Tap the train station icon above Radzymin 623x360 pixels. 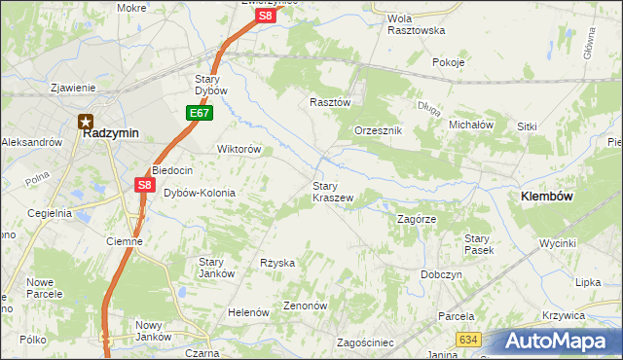(86, 122)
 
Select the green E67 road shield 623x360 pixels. (200, 114)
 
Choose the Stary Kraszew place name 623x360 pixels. (332, 191)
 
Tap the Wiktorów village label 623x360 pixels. (238, 150)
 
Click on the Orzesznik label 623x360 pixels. (378, 130)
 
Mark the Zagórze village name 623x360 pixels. (420, 219)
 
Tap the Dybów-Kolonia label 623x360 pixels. (199, 193)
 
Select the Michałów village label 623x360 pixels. (471, 126)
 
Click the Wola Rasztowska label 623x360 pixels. (416, 24)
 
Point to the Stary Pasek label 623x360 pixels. (478, 244)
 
